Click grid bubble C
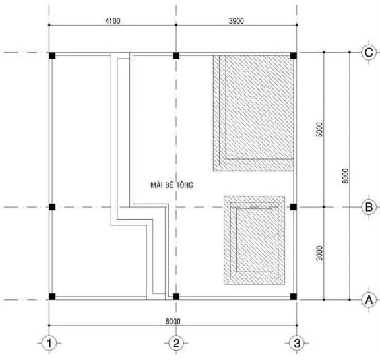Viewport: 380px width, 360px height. click(x=369, y=52)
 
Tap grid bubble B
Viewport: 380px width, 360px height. click(x=369, y=207)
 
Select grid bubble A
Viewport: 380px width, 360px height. click(x=369, y=300)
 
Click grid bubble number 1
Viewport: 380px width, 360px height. click(x=49, y=343)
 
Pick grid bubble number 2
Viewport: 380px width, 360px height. click(x=176, y=343)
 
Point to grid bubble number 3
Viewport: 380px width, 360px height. click(x=297, y=343)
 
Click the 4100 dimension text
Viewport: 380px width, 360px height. click(x=113, y=21)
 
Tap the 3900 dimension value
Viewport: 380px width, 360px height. click(x=236, y=21)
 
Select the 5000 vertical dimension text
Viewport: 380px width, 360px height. click(x=320, y=130)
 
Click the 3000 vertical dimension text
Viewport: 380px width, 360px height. click(x=320, y=253)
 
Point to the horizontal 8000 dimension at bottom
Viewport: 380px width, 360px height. click(x=173, y=322)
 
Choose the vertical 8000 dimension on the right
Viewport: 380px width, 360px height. click(x=345, y=176)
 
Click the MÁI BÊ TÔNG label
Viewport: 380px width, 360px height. click(x=172, y=185)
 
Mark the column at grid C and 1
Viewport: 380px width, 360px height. click(x=52, y=55)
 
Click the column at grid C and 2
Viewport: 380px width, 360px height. click(x=176, y=55)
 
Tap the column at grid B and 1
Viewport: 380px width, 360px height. click(x=52, y=207)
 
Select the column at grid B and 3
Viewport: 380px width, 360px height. click(x=294, y=207)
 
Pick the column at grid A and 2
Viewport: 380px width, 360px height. click(x=176, y=297)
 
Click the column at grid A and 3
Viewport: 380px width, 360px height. click(x=294, y=297)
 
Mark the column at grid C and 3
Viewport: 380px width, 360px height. click(x=294, y=55)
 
